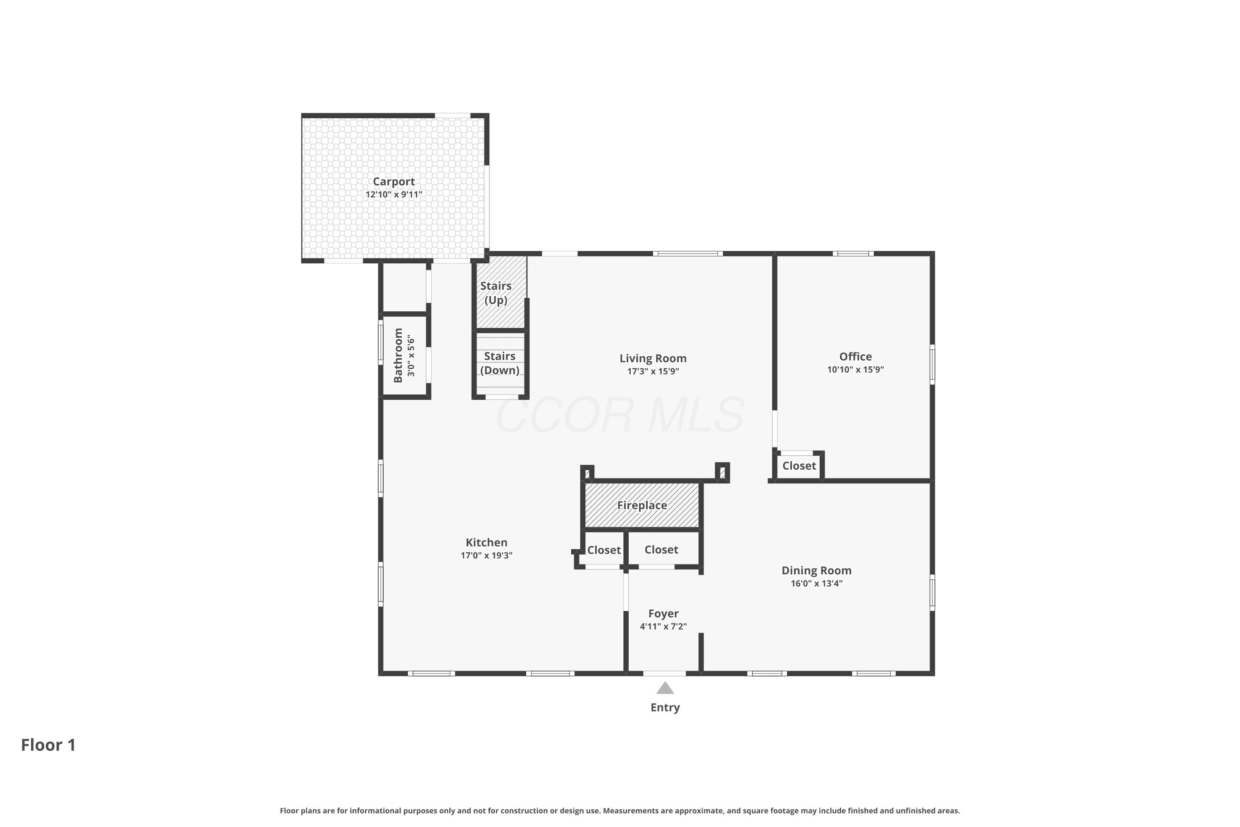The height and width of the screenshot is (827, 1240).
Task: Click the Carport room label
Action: click(x=394, y=182)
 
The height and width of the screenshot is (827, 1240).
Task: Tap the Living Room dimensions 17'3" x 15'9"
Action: click(x=653, y=371)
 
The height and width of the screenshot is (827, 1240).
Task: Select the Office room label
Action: click(x=855, y=356)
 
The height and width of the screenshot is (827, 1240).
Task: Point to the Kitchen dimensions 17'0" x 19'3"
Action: click(x=486, y=555)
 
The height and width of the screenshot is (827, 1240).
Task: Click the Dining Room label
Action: click(x=816, y=570)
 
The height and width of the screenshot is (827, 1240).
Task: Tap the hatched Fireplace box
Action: click(x=642, y=505)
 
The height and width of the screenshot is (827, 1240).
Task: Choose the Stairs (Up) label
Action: click(x=496, y=293)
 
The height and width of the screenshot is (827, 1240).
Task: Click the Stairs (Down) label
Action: click(x=500, y=363)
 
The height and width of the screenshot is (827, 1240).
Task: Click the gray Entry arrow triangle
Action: click(x=665, y=688)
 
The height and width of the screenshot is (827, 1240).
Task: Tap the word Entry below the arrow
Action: click(x=665, y=707)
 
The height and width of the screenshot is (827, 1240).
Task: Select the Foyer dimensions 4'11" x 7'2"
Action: click(x=663, y=626)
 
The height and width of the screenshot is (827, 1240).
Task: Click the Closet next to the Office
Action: click(x=799, y=466)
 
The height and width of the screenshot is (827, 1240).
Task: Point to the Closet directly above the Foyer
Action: click(x=661, y=550)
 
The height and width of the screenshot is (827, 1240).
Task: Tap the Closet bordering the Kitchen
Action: click(x=603, y=550)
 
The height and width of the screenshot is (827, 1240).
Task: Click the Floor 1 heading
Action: click(x=48, y=745)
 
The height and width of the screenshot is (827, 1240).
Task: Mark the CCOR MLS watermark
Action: click(x=620, y=416)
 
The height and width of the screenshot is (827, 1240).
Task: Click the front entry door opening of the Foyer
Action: click(x=664, y=674)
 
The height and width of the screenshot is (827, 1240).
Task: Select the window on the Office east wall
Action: click(x=932, y=364)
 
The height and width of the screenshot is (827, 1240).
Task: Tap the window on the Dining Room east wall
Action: click(x=932, y=592)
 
